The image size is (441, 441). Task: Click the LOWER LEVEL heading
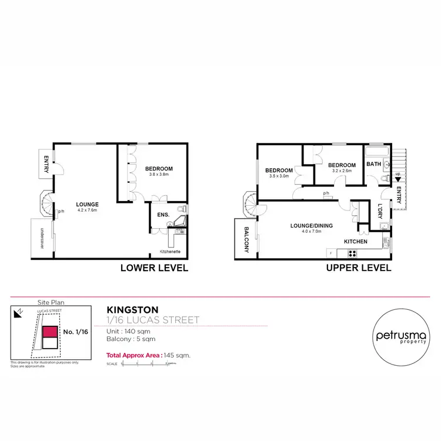click(x=153, y=268)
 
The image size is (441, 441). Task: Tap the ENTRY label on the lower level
click(x=45, y=164)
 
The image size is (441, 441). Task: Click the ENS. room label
click(x=162, y=215)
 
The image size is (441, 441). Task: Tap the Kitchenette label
click(x=170, y=252)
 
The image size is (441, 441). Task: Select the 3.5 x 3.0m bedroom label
click(x=280, y=173)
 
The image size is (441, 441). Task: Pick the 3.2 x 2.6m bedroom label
click(x=342, y=168)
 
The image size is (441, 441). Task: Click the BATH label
click(x=373, y=164)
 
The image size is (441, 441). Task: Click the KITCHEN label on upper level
click(x=356, y=242)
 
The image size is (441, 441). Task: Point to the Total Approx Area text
click(x=148, y=355)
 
